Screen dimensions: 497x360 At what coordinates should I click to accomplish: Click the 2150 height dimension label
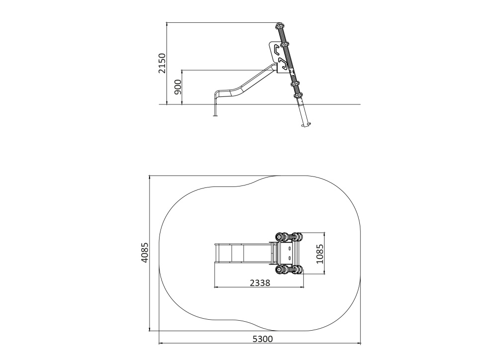click(x=162, y=63)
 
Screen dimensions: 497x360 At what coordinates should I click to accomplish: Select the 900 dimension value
click(x=178, y=87)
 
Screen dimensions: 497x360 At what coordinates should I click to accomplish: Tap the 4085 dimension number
click(x=145, y=253)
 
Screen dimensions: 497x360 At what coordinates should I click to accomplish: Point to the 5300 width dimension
click(x=262, y=339)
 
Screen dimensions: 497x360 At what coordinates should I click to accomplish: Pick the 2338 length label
click(x=260, y=282)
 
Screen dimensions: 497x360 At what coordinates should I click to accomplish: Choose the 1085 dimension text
click(x=320, y=254)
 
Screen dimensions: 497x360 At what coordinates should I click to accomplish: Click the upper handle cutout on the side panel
click(x=277, y=49)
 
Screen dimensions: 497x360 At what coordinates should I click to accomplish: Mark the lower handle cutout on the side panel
click(x=282, y=64)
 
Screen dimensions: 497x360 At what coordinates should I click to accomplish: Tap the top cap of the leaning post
click(x=279, y=25)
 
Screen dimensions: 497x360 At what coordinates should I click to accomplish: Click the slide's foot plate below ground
click(x=215, y=115)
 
